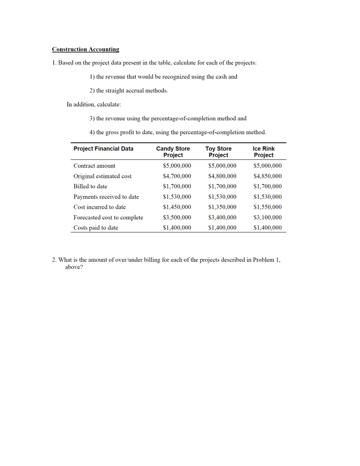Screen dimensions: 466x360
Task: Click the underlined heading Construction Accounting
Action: (85, 49)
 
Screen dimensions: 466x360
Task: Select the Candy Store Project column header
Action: (173, 152)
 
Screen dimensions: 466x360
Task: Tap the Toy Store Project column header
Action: (218, 152)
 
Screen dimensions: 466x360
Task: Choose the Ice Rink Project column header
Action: (264, 152)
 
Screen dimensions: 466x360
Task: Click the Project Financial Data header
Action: (103, 149)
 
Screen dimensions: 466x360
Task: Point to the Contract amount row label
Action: (94, 166)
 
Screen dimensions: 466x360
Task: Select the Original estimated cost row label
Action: (102, 176)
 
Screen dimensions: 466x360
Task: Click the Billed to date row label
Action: (90, 187)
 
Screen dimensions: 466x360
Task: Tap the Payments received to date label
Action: (106, 197)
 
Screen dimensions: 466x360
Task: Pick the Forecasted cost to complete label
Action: (108, 218)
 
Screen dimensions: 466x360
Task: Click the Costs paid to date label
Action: (96, 228)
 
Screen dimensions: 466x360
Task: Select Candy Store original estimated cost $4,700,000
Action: (177, 176)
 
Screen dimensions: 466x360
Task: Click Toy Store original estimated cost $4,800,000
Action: (222, 176)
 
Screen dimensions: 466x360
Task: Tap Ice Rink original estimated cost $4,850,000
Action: (268, 176)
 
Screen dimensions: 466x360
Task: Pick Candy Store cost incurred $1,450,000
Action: (177, 207)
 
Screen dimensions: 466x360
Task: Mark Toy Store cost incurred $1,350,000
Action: (222, 207)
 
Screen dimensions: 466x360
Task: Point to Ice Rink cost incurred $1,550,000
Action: (268, 207)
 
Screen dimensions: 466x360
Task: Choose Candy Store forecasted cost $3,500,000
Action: (177, 218)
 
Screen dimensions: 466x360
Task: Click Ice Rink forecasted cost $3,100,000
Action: (268, 218)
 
